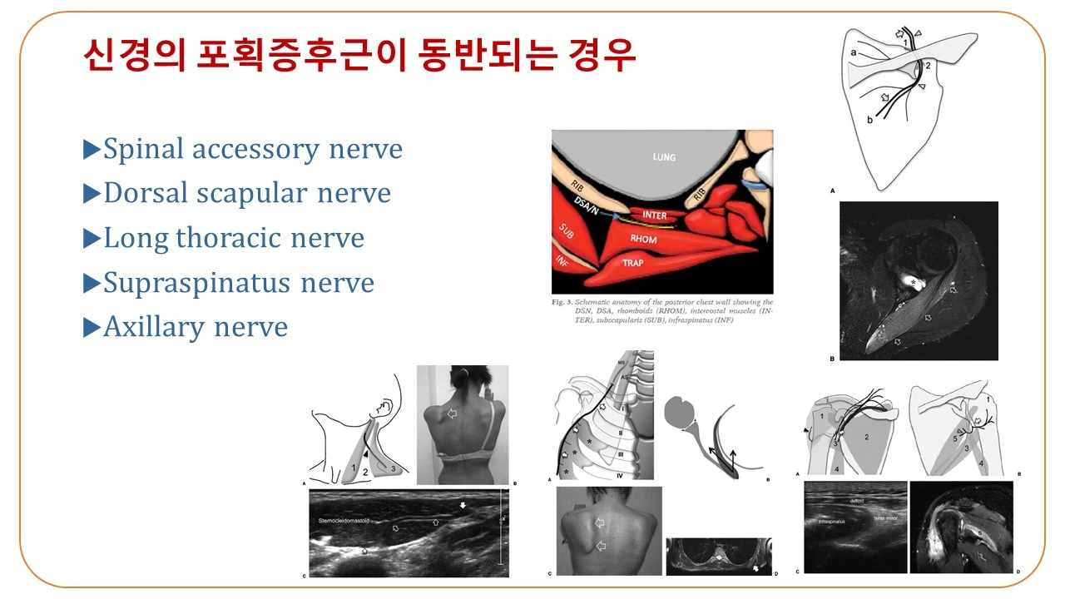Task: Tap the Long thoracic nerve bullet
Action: click(233, 238)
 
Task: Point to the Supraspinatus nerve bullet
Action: click(238, 283)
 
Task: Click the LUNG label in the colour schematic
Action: click(664, 157)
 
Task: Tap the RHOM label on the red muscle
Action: click(643, 240)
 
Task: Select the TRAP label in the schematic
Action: click(633, 263)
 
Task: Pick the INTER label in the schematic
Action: click(655, 215)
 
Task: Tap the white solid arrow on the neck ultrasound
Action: click(463, 505)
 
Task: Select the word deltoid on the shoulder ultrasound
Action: click(862, 502)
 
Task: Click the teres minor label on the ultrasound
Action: click(884, 517)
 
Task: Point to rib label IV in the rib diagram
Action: click(622, 474)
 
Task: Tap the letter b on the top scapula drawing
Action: click(869, 120)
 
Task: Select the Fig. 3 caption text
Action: click(662, 312)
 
